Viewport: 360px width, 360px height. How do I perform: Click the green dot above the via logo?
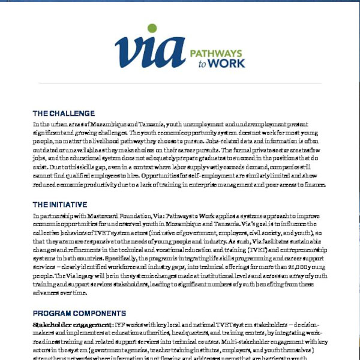pyautogui.click(x=152, y=28)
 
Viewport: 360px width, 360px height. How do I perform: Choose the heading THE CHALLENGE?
pyautogui.click(x=64, y=113)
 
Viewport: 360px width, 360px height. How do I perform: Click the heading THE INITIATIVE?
pyautogui.click(x=62, y=204)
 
